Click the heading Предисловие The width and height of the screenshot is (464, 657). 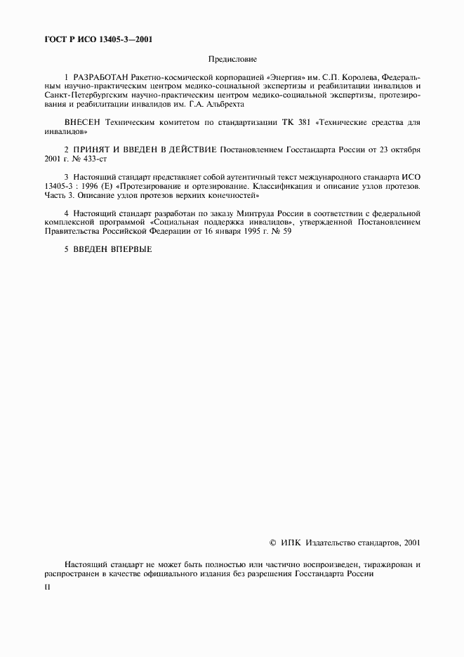(x=232, y=60)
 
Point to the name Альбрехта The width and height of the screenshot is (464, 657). (x=223, y=104)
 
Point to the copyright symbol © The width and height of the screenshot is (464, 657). (x=273, y=543)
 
